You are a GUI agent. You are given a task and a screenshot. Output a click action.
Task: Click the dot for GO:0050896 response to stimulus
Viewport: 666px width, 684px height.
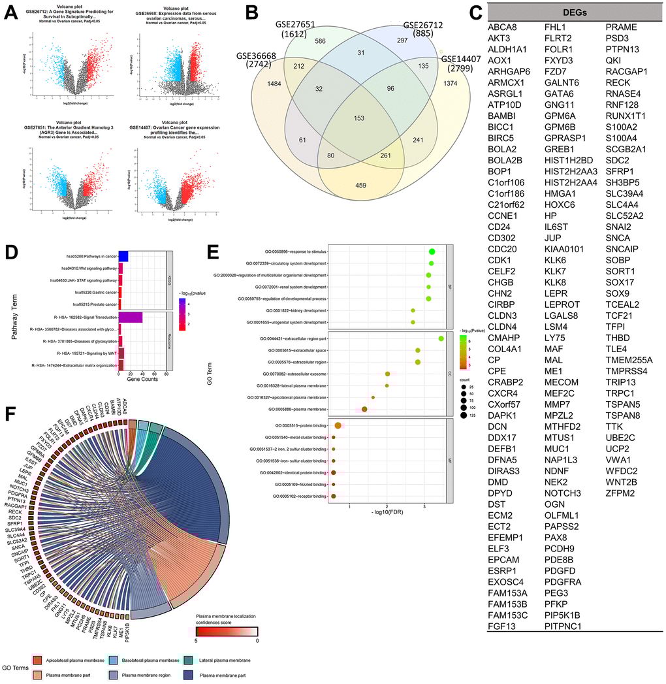[432, 252]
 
